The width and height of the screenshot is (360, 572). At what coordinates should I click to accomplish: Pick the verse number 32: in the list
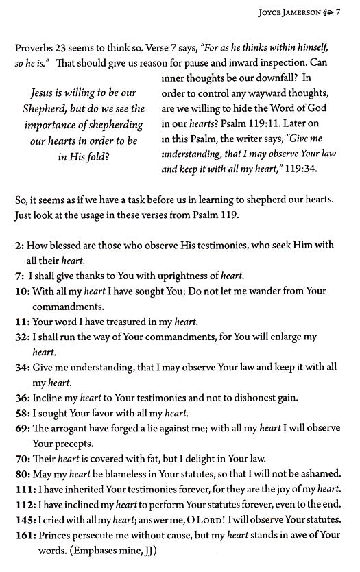click(23, 337)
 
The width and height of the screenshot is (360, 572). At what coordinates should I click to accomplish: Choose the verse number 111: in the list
click(25, 489)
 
